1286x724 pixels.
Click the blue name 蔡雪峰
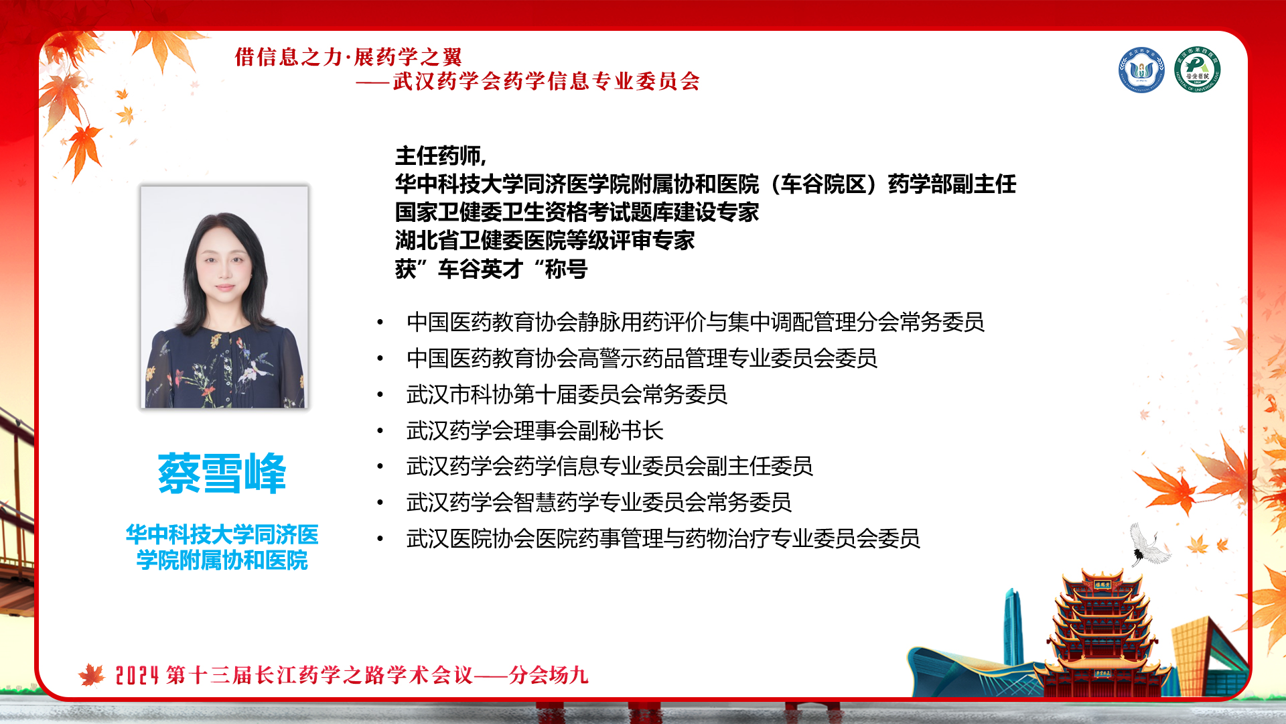tap(222, 473)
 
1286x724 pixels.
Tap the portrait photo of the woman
tap(224, 297)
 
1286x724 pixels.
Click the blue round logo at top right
tap(1141, 70)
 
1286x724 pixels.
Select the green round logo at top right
tap(1197, 70)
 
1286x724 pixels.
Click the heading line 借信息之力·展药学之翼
tap(348, 57)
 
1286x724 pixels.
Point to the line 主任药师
tap(440, 156)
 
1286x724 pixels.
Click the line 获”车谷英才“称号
tap(491, 269)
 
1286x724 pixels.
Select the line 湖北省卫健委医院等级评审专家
tap(545, 240)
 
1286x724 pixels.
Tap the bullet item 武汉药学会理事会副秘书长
tap(534, 430)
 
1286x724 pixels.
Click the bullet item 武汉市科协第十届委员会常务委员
tap(567, 394)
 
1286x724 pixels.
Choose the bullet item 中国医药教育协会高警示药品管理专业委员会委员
tap(642, 358)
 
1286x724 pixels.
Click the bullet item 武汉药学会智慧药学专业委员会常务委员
tap(599, 502)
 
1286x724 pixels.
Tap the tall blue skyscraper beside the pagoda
tap(1013, 627)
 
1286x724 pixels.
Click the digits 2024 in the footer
tap(137, 675)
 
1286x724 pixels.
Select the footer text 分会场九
tap(549, 674)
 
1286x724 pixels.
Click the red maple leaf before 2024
tap(92, 675)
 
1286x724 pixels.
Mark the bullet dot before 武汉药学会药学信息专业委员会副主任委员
tap(380, 467)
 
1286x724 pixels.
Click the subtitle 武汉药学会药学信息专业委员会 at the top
tap(547, 81)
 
